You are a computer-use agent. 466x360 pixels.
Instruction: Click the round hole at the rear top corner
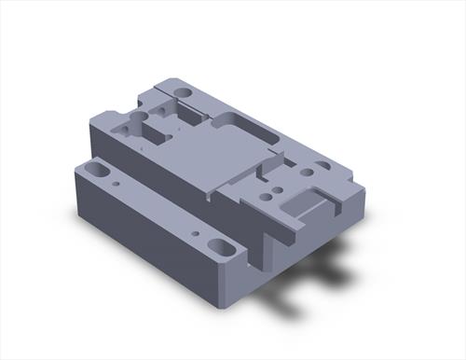[x=185, y=93]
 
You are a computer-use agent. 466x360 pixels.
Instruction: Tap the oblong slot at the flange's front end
[x=223, y=247]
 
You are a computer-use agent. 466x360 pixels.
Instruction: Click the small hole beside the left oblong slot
[x=116, y=185]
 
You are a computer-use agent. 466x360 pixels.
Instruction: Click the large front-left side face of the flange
[x=149, y=242]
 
